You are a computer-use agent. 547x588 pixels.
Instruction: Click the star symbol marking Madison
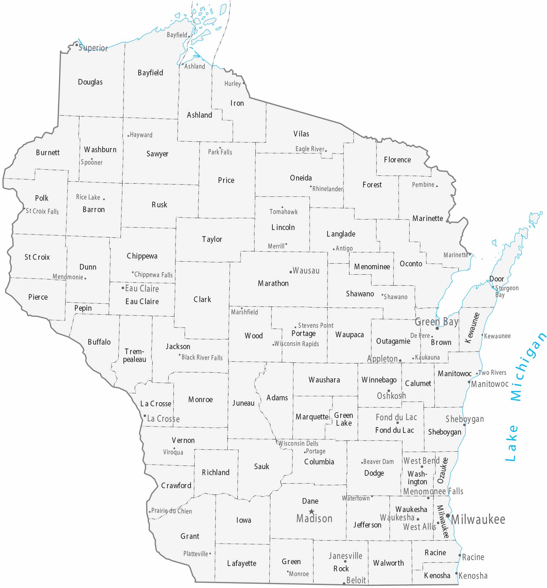pyautogui.click(x=311, y=511)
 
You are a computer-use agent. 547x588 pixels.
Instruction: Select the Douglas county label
pyautogui.click(x=90, y=82)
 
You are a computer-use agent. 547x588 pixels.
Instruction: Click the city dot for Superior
pyautogui.click(x=77, y=45)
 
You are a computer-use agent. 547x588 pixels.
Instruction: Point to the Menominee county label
pyautogui.click(x=372, y=267)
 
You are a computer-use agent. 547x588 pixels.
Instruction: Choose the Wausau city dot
pyautogui.click(x=291, y=272)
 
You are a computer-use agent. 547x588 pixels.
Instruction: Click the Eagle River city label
pyautogui.click(x=309, y=149)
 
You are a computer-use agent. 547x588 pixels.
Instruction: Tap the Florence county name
pyautogui.click(x=397, y=160)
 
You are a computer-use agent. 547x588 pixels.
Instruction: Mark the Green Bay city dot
pyautogui.click(x=437, y=328)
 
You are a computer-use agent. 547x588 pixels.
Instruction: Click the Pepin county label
pyautogui.click(x=83, y=308)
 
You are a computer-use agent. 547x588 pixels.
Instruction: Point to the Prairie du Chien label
pyautogui.click(x=171, y=511)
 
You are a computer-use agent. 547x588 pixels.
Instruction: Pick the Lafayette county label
pyautogui.click(x=242, y=563)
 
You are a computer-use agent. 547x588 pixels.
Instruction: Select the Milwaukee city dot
pyautogui.click(x=448, y=516)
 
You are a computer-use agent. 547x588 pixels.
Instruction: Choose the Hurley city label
pyautogui.click(x=233, y=84)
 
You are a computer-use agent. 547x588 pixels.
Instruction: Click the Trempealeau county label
pyautogui.click(x=134, y=355)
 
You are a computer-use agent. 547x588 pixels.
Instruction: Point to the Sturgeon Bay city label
pyautogui.click(x=507, y=291)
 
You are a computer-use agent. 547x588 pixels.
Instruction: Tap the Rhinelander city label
pyautogui.click(x=327, y=189)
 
